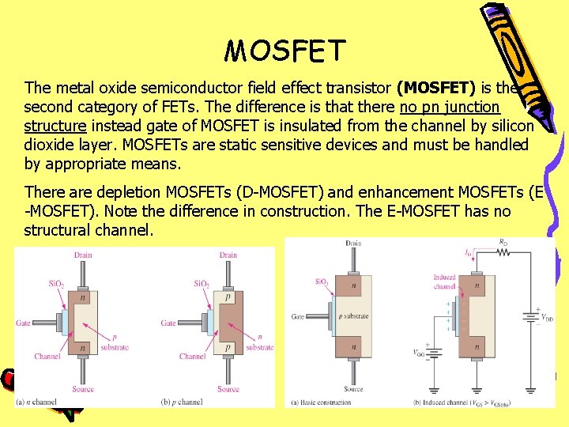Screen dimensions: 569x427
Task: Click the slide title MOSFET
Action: click(x=285, y=51)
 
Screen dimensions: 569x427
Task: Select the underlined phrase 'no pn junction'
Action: click(x=450, y=106)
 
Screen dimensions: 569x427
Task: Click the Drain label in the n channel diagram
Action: click(x=83, y=255)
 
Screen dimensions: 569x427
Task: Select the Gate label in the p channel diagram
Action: click(x=168, y=323)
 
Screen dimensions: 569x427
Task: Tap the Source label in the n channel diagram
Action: click(x=83, y=389)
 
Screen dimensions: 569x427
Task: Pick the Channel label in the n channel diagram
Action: click(x=47, y=357)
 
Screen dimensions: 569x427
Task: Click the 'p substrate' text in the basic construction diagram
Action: click(x=354, y=316)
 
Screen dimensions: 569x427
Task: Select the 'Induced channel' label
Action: click(x=445, y=282)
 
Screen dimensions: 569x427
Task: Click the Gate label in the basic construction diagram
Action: click(x=298, y=316)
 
